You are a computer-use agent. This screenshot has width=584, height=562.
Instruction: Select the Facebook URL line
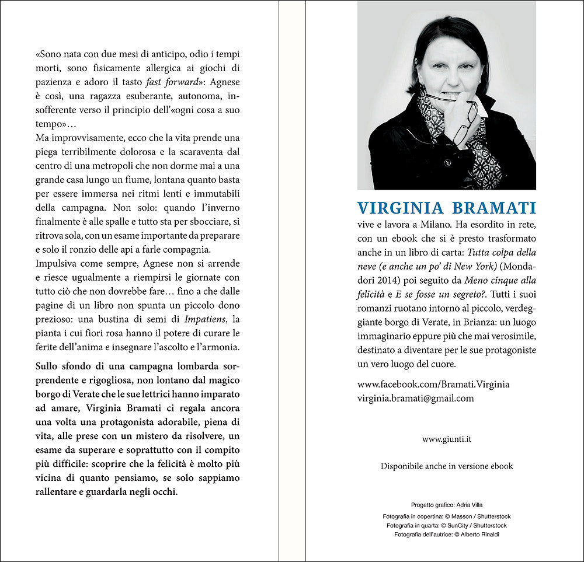[x=433, y=384]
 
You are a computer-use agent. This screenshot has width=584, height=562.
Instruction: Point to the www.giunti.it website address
[x=446, y=439]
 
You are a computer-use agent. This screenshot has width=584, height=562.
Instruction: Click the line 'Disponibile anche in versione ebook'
[x=447, y=466]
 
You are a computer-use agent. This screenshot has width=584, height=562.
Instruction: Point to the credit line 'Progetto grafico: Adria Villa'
[x=447, y=505]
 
